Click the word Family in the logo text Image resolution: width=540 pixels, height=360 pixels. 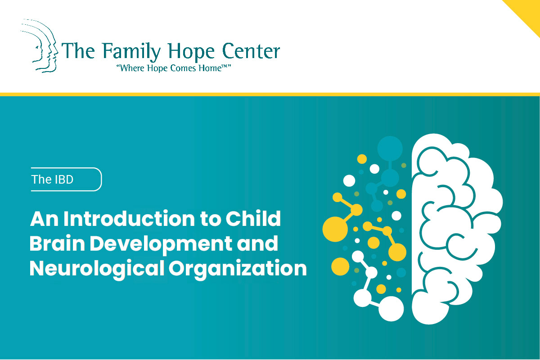pyautogui.click(x=131, y=52)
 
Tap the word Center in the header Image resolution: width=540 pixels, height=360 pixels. pyautogui.click(x=251, y=51)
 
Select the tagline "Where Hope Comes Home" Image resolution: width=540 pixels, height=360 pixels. pyautogui.click(x=174, y=68)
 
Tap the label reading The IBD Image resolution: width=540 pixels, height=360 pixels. pyautogui.click(x=52, y=180)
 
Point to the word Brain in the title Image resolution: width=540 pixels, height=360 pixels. pyautogui.click(x=57, y=243)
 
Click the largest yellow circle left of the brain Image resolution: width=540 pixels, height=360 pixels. pyautogui.click(x=335, y=229)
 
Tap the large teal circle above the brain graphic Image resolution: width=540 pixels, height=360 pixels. pyautogui.click(x=390, y=148)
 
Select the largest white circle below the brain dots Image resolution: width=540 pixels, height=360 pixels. pyautogui.click(x=391, y=309)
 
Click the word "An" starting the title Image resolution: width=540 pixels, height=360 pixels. pyautogui.click(x=45, y=219)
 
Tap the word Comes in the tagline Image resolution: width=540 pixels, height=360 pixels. pyautogui.click(x=184, y=68)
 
